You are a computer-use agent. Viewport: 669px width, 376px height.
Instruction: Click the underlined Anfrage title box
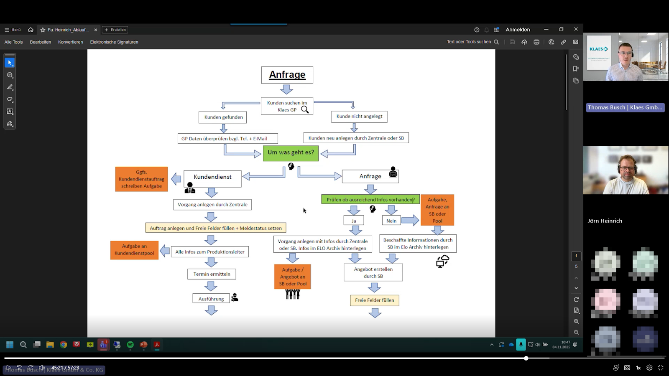tap(287, 75)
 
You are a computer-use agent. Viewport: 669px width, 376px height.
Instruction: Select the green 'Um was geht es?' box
tap(291, 153)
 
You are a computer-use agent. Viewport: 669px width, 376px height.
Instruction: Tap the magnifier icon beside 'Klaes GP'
tap(305, 110)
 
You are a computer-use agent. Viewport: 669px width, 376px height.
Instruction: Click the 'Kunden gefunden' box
tap(223, 117)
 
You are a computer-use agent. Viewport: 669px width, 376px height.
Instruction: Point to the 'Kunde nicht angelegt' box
tap(359, 117)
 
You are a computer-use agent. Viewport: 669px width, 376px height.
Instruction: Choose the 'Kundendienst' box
tap(212, 178)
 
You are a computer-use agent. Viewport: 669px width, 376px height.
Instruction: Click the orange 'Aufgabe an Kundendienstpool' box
tap(134, 250)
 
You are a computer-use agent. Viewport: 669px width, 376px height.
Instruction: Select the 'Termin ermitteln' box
tap(212, 274)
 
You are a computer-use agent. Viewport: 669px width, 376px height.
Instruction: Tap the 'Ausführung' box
tap(211, 299)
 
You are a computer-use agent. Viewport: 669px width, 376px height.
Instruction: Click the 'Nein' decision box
tap(391, 221)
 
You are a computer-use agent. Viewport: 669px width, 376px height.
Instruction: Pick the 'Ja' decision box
tap(354, 221)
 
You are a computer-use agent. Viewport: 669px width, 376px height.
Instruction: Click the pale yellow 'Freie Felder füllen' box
tap(374, 300)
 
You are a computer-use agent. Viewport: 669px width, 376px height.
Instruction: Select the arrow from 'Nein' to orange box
tap(410, 220)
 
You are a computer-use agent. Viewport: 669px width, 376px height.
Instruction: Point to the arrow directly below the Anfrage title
tap(286, 89)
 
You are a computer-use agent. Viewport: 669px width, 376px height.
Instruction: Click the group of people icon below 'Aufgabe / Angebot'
tap(293, 294)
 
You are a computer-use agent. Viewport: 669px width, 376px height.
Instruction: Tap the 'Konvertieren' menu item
tap(70, 42)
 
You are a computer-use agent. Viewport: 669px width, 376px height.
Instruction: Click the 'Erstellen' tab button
tap(115, 30)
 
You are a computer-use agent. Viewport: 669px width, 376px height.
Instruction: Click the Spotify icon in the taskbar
tap(130, 345)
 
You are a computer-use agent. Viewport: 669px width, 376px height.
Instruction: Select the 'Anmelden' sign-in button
tap(518, 30)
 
